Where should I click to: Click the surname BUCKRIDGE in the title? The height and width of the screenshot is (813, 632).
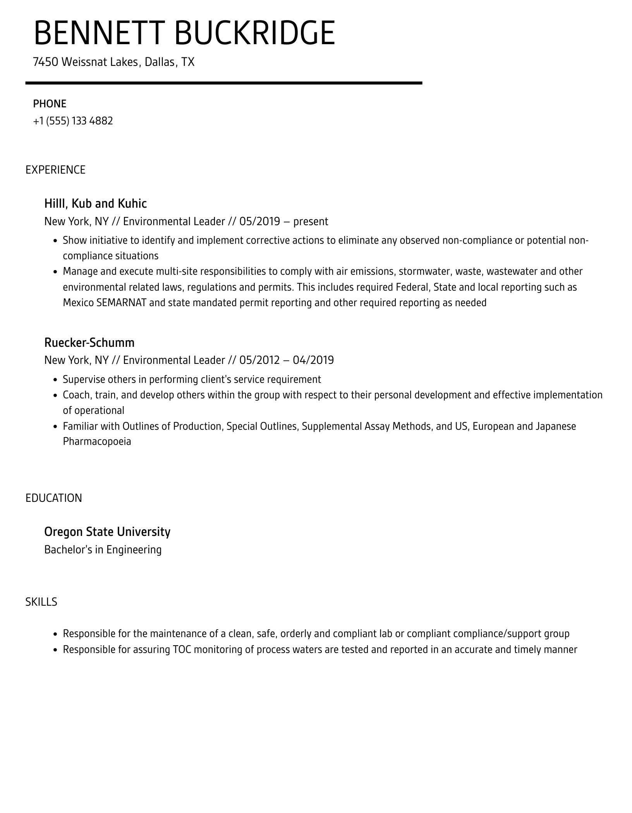pyautogui.click(x=254, y=33)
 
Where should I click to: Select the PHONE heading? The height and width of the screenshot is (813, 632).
pyautogui.click(x=50, y=104)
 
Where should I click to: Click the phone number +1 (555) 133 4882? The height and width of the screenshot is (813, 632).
pyautogui.click(x=73, y=121)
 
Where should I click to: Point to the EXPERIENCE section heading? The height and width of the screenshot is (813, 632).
pyautogui.click(x=55, y=170)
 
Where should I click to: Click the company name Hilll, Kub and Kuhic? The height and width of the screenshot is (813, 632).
pyautogui.click(x=96, y=203)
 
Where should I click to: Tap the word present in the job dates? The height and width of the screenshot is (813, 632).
pyautogui.click(x=311, y=221)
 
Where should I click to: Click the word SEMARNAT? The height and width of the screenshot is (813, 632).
pyautogui.click(x=121, y=302)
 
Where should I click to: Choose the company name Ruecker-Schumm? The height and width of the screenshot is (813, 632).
pyautogui.click(x=89, y=343)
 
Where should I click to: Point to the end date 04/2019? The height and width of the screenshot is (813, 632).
pyautogui.click(x=313, y=360)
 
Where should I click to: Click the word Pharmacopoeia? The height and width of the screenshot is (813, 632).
pyautogui.click(x=97, y=441)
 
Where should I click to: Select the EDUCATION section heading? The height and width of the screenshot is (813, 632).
pyautogui.click(x=54, y=498)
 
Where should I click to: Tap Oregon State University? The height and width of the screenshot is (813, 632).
pyautogui.click(x=107, y=532)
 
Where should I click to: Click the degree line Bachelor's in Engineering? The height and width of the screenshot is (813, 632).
pyautogui.click(x=103, y=549)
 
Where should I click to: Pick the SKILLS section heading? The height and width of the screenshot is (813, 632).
pyautogui.click(x=41, y=602)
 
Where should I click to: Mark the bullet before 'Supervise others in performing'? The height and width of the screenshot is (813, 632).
pyautogui.click(x=55, y=380)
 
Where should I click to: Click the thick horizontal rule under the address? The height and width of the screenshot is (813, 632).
pyautogui.click(x=224, y=83)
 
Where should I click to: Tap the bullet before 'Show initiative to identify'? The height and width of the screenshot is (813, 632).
pyautogui.click(x=55, y=241)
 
